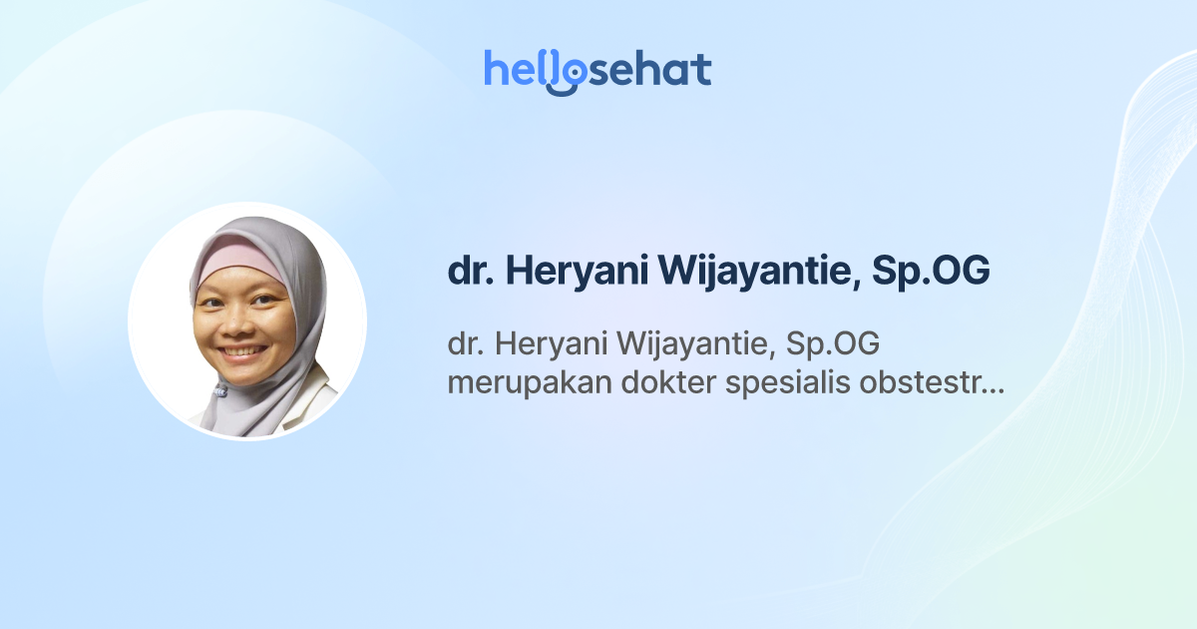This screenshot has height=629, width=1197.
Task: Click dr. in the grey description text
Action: click(465, 345)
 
